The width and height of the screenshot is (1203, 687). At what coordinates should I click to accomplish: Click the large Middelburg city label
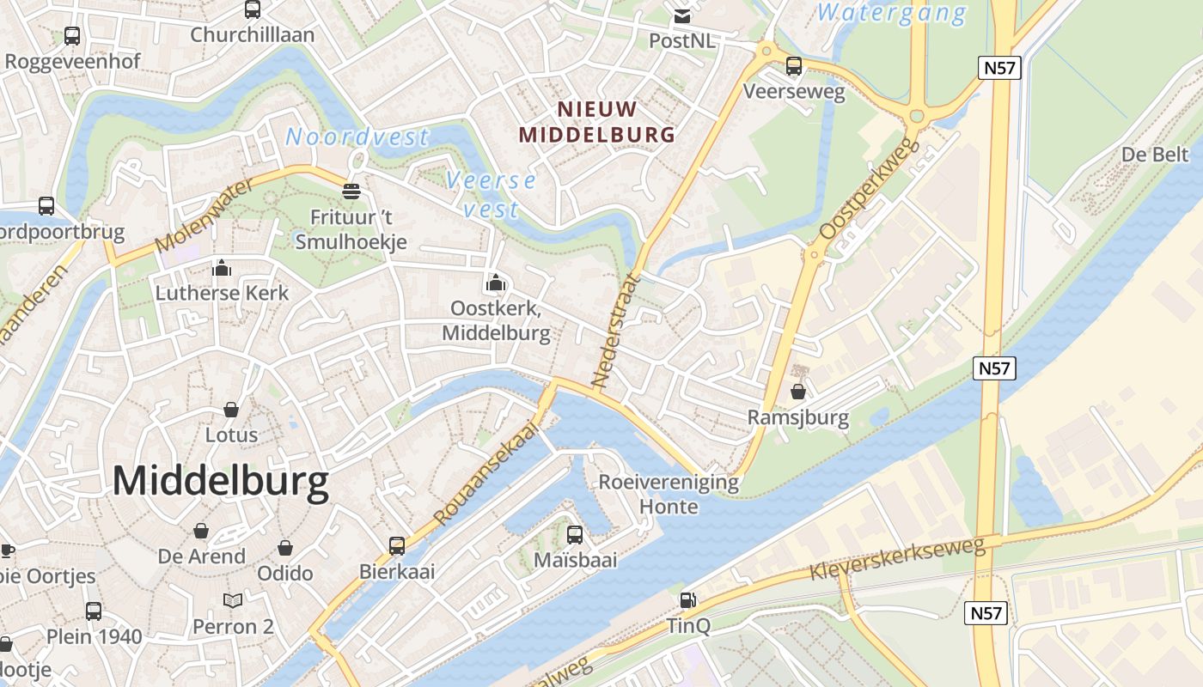[x=221, y=482]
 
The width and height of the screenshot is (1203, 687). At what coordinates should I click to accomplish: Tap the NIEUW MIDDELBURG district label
[x=597, y=122]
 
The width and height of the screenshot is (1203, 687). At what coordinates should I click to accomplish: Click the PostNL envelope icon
[x=682, y=16]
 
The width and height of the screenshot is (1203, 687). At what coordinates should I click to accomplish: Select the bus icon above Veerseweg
[x=794, y=65]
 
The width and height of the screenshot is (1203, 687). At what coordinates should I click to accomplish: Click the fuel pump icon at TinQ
[x=688, y=600]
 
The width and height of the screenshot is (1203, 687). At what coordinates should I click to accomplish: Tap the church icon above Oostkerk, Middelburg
[x=495, y=282]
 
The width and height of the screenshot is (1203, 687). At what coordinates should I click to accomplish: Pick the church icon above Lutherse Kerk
[x=222, y=268]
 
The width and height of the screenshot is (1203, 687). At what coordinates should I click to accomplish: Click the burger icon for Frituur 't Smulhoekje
[x=351, y=191]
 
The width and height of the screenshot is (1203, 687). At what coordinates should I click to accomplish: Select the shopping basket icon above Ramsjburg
[x=798, y=392]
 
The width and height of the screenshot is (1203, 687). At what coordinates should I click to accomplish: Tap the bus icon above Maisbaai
[x=575, y=535]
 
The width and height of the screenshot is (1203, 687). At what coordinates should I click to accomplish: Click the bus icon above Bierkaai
[x=397, y=545]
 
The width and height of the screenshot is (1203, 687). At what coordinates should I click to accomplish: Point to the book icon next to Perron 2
[x=232, y=600]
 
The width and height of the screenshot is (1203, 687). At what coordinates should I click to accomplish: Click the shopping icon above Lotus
[x=231, y=409]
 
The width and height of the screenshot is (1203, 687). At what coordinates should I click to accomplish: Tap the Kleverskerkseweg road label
[x=897, y=560]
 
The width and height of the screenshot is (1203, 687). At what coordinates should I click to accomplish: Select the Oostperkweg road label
[x=869, y=190]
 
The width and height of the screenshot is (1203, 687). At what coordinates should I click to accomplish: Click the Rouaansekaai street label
[x=491, y=473]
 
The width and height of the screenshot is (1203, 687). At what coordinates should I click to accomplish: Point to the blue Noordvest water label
[x=357, y=137]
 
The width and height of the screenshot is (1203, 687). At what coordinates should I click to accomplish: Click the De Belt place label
[x=1155, y=154]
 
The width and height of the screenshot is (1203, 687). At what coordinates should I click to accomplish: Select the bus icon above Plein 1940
[x=93, y=611]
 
